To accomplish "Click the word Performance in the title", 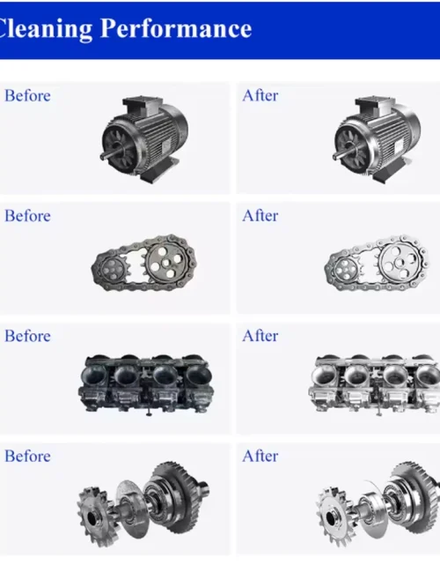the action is pyautogui.click(x=176, y=29).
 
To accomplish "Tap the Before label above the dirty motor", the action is pyautogui.click(x=27, y=95).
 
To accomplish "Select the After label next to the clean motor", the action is pyautogui.click(x=260, y=95).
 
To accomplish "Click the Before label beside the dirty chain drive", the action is pyautogui.click(x=27, y=216).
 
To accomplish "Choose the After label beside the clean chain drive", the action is pyautogui.click(x=260, y=216).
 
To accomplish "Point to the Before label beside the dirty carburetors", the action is pyautogui.click(x=27, y=336).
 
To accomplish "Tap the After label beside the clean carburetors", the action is pyautogui.click(x=260, y=336).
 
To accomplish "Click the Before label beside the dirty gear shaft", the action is pyautogui.click(x=27, y=457).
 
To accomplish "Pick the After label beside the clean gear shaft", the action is pyautogui.click(x=260, y=457).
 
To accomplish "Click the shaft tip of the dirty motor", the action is pyautogui.click(x=102, y=158).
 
